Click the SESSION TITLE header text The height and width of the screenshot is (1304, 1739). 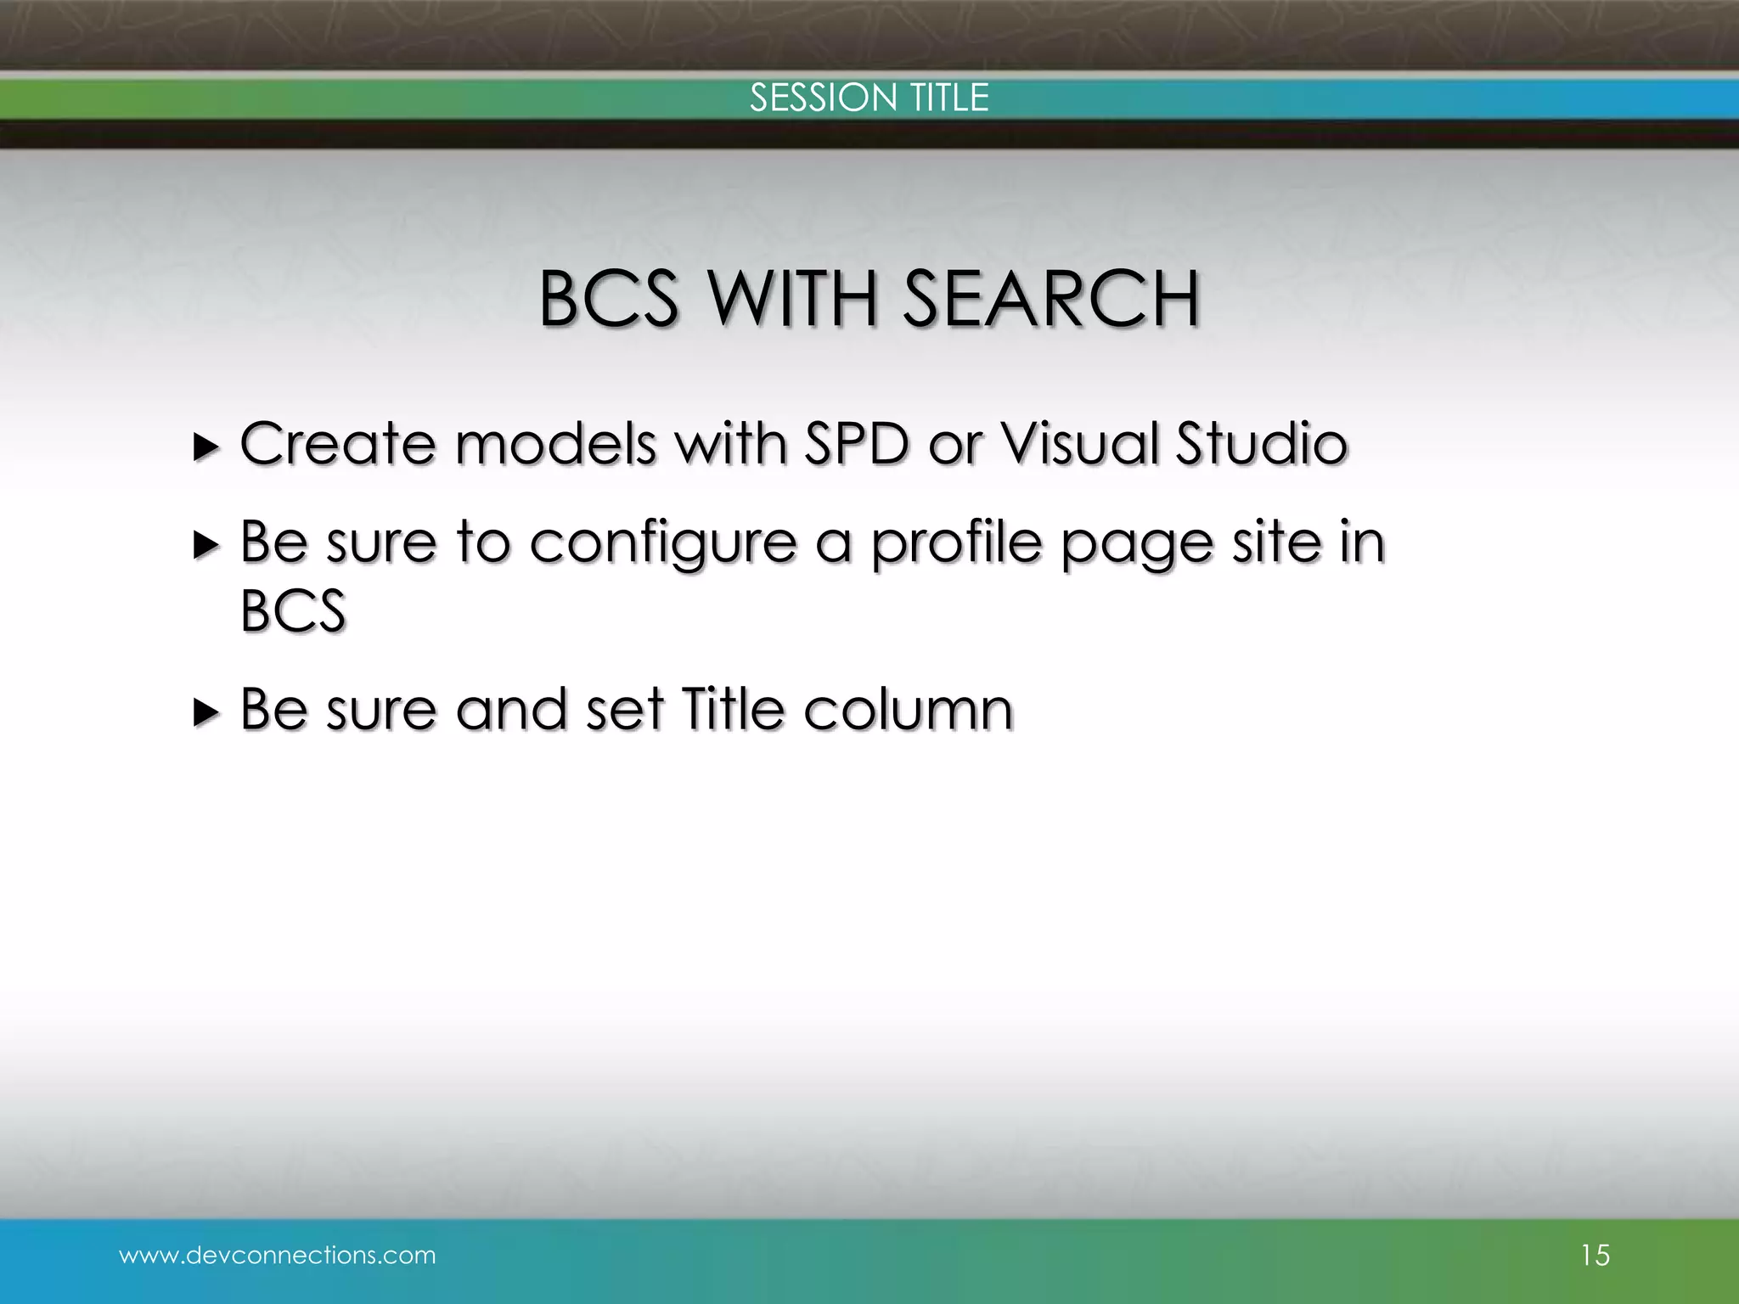coord(869,98)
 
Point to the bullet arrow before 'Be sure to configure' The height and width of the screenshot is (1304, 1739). coord(205,544)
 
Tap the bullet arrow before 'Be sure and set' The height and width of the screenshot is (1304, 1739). coord(205,711)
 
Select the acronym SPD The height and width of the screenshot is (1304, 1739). coord(856,444)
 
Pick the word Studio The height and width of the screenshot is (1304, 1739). coord(1261,444)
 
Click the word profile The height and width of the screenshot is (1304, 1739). coord(956,542)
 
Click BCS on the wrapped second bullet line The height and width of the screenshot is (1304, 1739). coord(293,610)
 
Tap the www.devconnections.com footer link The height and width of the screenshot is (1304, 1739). coord(277,1255)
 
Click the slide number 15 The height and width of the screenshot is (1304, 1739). coord(1595,1255)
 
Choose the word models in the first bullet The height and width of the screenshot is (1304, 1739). coord(555,444)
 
